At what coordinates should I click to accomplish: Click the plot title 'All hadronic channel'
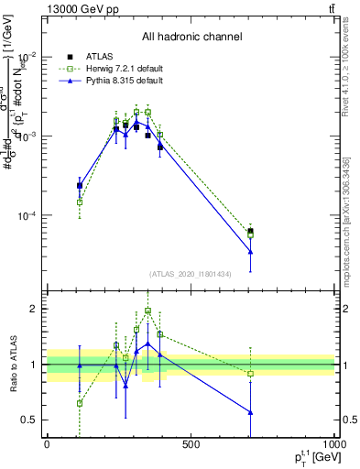point(191,37)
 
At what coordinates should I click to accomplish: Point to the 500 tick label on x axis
point(191,444)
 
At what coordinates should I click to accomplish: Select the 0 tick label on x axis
point(47,444)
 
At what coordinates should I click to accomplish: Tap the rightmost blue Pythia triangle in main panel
point(250,252)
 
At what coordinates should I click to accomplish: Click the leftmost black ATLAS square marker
point(80,185)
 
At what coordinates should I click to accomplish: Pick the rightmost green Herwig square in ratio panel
point(250,373)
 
